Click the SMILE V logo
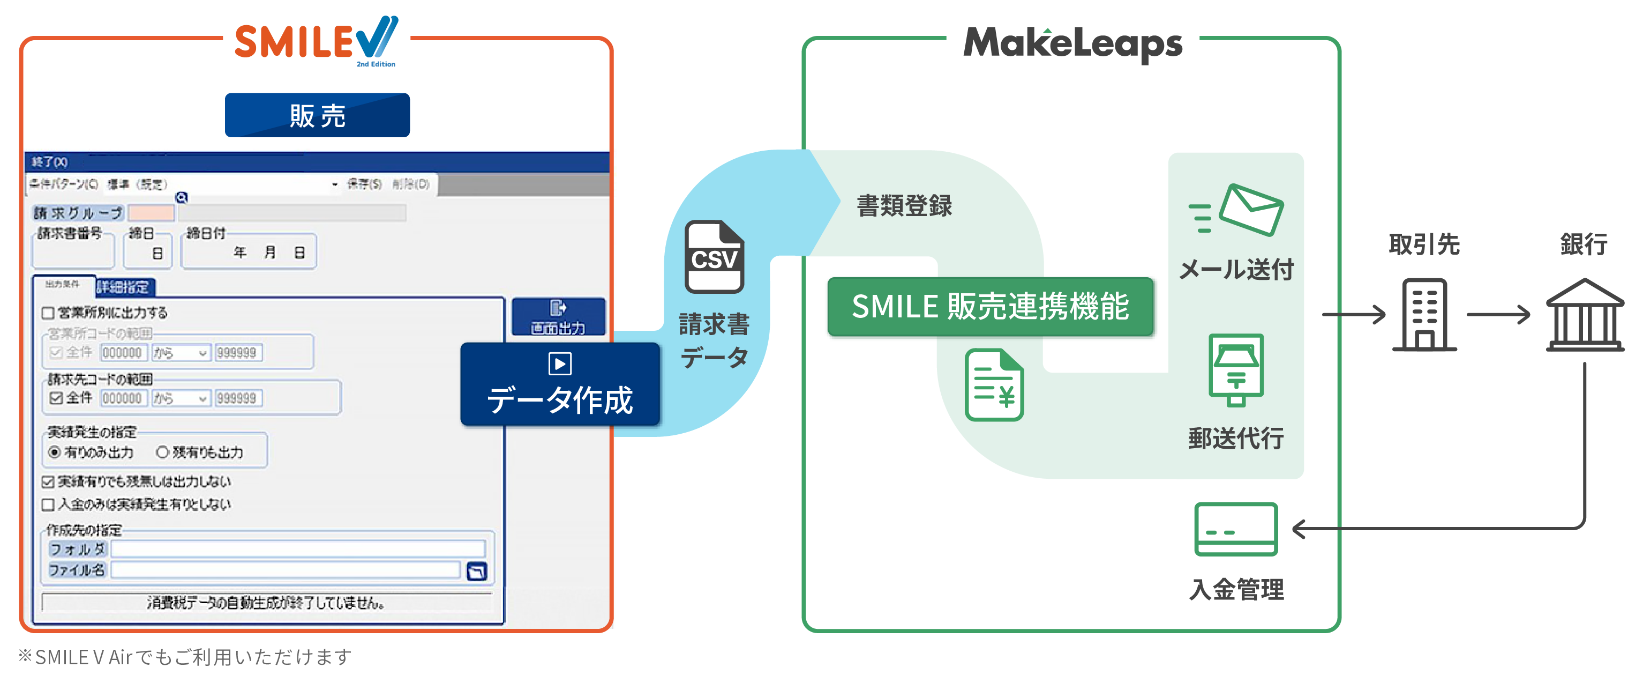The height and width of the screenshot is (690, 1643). click(316, 41)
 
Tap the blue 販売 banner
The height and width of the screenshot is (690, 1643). click(317, 115)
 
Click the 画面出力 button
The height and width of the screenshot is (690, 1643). click(558, 317)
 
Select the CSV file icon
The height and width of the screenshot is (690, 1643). click(714, 257)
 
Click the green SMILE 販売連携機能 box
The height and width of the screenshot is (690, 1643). click(990, 306)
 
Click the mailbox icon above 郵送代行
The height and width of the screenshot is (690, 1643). click(1236, 369)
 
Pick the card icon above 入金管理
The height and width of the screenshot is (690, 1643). click(1235, 529)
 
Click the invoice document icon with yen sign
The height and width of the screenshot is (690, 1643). click(994, 385)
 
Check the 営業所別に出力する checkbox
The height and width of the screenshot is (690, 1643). click(48, 313)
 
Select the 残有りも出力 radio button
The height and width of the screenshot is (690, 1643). click(163, 452)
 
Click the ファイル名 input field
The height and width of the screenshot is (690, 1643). click(285, 570)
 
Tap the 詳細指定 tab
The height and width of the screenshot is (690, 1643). click(124, 287)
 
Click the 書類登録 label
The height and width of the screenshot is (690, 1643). click(904, 205)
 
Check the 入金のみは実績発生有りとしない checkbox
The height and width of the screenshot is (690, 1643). click(48, 505)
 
